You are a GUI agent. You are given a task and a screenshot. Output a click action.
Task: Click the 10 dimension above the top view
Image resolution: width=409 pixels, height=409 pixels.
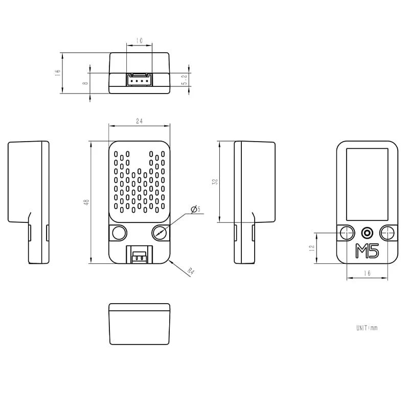[x=139, y=40]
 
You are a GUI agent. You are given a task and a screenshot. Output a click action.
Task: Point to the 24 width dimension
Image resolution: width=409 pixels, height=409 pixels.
[x=139, y=121]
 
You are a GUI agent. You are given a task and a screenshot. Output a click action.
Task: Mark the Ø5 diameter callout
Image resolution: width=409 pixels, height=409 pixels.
[x=195, y=209]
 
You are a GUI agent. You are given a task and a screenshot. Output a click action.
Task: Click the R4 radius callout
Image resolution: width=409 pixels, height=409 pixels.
[x=191, y=271]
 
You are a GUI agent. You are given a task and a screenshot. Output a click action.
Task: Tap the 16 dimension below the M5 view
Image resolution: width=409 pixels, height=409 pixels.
[x=367, y=274]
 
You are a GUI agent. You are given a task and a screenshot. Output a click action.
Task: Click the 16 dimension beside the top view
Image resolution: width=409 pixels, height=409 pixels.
[x=58, y=73]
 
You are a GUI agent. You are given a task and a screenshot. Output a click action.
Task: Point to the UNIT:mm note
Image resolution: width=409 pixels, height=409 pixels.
[x=367, y=328]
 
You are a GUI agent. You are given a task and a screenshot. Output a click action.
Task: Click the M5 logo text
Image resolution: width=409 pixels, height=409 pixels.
[x=367, y=251]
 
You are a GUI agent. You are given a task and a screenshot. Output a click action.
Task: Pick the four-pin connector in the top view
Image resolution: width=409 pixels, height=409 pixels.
[x=139, y=80]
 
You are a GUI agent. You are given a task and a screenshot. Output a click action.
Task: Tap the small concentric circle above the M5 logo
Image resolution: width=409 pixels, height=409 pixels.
[x=367, y=233]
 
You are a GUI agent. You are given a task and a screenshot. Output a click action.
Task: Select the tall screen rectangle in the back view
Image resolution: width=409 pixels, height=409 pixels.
[x=367, y=183]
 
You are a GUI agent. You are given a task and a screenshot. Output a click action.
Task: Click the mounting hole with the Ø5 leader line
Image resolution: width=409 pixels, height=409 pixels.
[x=161, y=233]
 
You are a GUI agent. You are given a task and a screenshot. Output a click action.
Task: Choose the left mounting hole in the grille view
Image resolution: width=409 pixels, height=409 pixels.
[x=119, y=233]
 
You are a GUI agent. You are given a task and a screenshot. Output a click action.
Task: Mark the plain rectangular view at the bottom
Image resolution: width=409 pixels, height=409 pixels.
[x=139, y=324]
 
